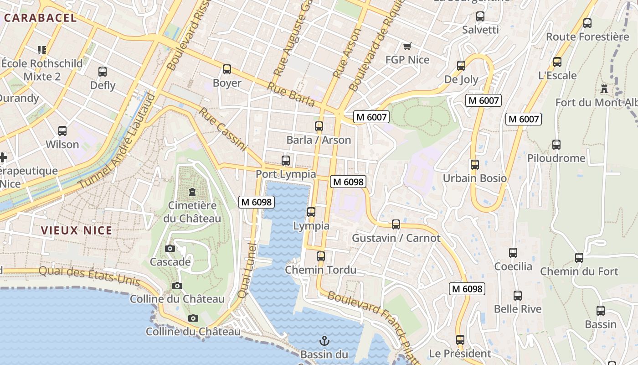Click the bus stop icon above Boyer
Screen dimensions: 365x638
(227, 69)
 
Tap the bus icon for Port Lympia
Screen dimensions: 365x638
(286, 161)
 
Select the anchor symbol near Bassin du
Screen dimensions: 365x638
(324, 340)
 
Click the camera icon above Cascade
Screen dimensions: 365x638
(170, 248)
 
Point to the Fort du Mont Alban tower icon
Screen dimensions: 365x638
(604, 89)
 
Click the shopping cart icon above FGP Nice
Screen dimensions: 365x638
(407, 46)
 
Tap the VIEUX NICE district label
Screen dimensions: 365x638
(77, 230)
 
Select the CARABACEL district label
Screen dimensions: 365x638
(40, 18)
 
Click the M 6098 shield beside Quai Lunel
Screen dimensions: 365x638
(257, 202)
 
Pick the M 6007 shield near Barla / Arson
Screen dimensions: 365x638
(371, 117)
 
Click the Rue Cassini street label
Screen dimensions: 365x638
(222, 129)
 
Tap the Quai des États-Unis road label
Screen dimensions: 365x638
(89, 275)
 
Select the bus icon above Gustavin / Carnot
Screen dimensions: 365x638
(396, 224)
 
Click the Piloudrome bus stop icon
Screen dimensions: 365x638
(556, 145)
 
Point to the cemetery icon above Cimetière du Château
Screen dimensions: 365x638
(192, 192)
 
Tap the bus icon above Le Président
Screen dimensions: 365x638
(460, 340)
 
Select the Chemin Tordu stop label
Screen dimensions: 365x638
(320, 270)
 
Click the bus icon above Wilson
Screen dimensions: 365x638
(62, 131)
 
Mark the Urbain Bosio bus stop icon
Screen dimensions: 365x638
(475, 164)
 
